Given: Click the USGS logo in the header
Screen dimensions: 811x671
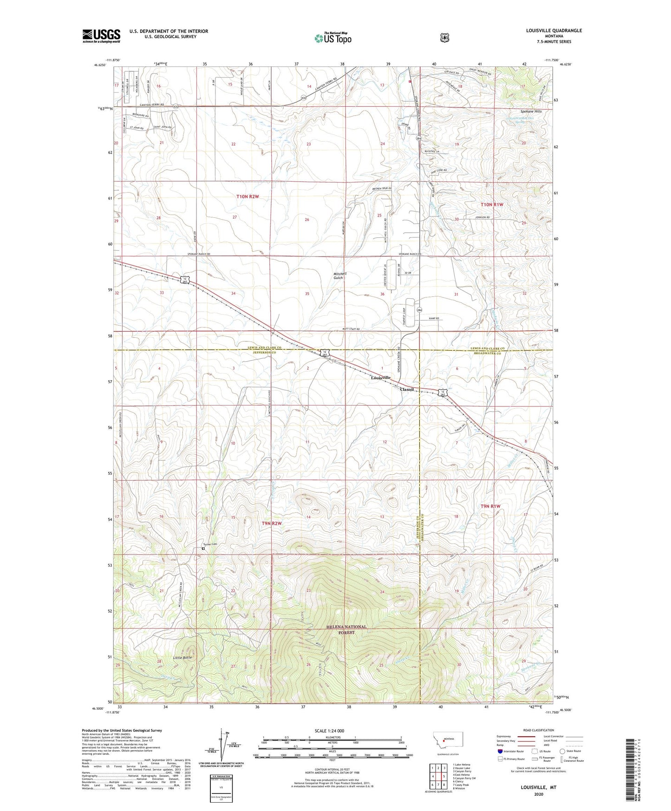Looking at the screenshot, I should click(101, 36).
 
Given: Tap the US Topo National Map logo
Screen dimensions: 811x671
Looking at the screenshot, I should click(332, 38).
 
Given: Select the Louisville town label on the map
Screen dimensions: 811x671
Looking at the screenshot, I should click(381, 378).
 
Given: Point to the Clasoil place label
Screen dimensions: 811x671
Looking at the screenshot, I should click(407, 389).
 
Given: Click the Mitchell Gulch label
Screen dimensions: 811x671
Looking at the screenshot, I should click(340, 275).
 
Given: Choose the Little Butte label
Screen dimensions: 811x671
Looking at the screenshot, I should click(182, 658).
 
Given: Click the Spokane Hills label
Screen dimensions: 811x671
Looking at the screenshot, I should click(531, 111).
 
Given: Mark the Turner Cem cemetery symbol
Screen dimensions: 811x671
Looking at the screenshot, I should click(203, 549).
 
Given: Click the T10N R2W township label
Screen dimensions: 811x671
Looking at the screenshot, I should click(247, 196).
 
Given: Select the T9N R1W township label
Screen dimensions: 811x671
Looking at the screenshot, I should click(490, 506).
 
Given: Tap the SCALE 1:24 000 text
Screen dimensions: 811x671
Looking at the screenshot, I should click(329, 731).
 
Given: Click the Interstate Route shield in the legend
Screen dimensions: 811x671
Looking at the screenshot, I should click(500, 751).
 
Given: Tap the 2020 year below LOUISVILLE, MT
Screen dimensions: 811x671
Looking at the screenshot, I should click(539, 794).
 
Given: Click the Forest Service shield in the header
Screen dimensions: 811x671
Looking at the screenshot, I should click(444, 37).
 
